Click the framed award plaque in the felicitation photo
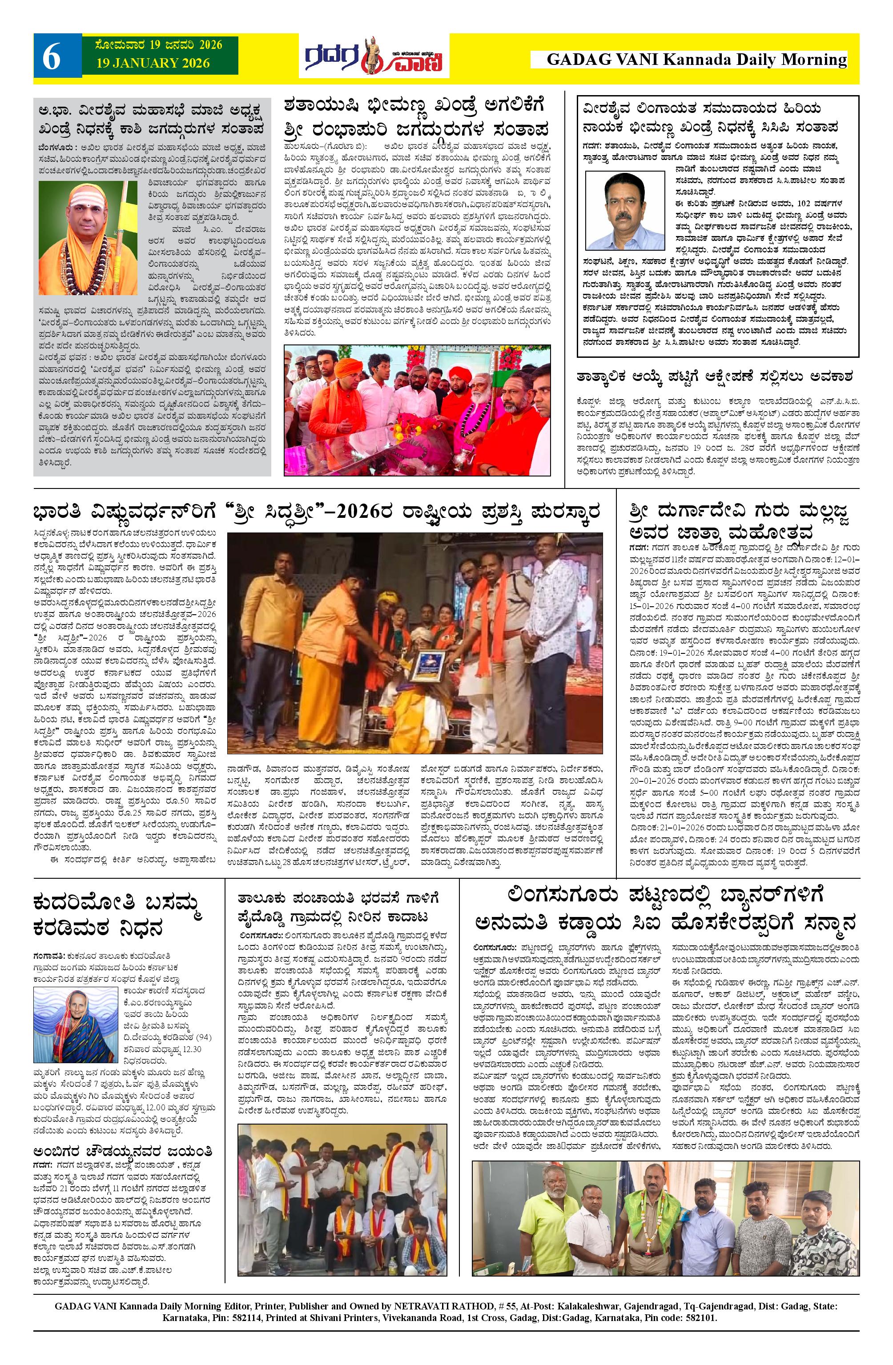[x=428, y=665]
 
